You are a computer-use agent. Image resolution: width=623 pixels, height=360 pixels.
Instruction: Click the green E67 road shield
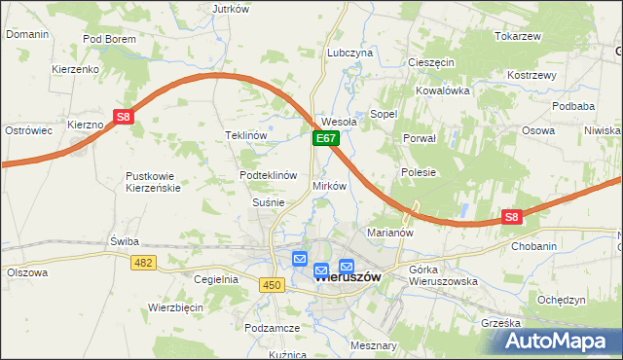(x=325, y=140)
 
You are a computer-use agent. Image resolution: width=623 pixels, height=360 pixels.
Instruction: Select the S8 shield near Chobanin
(x=512, y=218)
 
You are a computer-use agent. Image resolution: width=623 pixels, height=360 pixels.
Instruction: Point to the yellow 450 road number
(x=272, y=283)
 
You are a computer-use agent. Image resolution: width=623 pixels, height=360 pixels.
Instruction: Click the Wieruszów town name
(x=347, y=276)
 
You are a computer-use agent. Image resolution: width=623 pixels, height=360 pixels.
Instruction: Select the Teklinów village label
(x=245, y=135)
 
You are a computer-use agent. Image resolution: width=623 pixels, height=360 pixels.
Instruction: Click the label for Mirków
(x=329, y=185)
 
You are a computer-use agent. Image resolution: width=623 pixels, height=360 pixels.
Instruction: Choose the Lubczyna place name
(x=350, y=53)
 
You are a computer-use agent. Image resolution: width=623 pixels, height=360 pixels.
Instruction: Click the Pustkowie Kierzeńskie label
(x=153, y=182)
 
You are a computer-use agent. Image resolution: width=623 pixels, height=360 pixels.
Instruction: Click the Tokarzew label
(x=517, y=36)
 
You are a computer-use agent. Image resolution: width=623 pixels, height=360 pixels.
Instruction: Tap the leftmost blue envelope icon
(x=299, y=259)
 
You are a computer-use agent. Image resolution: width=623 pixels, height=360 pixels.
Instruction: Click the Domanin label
(x=27, y=34)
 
